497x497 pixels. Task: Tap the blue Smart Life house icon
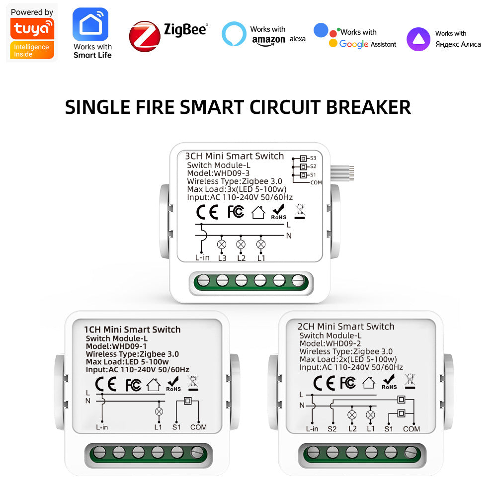pyautogui.click(x=90, y=24)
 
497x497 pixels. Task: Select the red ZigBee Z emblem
pyautogui.click(x=145, y=36)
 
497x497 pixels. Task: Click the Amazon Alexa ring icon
pyautogui.click(x=234, y=34)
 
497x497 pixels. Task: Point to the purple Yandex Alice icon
pyautogui.click(x=418, y=39)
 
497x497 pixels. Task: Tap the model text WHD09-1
pyautogui.click(x=130, y=346)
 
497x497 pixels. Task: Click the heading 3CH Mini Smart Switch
pyautogui.click(x=234, y=156)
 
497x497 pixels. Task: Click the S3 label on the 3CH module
pyautogui.click(x=313, y=158)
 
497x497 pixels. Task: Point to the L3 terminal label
pyautogui.click(x=222, y=258)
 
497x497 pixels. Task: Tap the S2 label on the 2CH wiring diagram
pyautogui.click(x=332, y=429)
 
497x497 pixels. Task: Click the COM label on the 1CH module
pyautogui.click(x=198, y=427)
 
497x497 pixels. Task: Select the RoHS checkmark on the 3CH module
pyautogui.click(x=278, y=212)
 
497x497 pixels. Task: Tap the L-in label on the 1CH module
pyautogui.click(x=102, y=427)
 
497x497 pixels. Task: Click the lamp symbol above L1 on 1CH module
pyautogui.click(x=159, y=412)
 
